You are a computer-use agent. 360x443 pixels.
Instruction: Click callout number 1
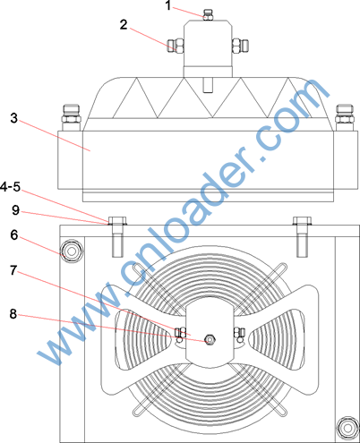(x=168, y=5)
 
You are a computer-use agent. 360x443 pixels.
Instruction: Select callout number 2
(x=124, y=24)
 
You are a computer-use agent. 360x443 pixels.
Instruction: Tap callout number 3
(x=14, y=118)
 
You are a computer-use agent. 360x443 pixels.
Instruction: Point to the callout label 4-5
(x=11, y=187)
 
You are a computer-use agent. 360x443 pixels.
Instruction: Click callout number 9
(x=15, y=210)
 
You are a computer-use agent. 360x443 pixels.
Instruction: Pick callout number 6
(x=14, y=235)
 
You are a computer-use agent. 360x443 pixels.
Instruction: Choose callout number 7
(x=13, y=270)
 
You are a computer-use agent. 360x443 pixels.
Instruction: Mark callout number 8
(x=13, y=314)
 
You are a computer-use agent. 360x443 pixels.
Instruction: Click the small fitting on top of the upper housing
(x=208, y=15)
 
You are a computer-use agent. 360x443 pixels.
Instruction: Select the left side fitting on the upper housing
(x=176, y=47)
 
